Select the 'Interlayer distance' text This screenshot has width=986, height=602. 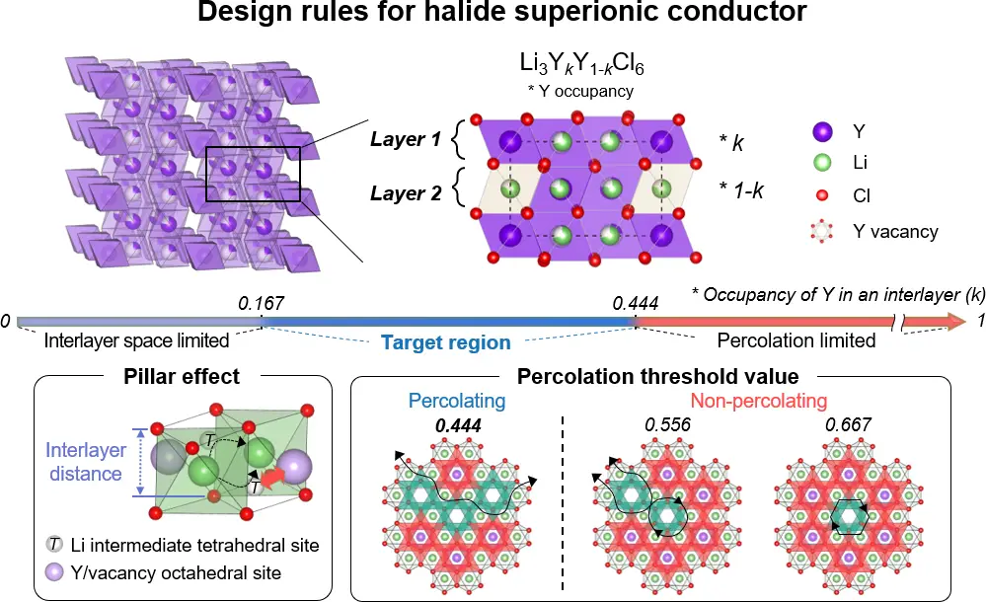[84, 462]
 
